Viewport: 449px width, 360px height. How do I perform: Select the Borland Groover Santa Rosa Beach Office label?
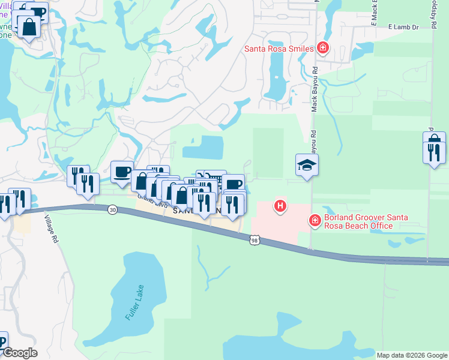pos(358,221)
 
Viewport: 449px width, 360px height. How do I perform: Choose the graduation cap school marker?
pos(307,165)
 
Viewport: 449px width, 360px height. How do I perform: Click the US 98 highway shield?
pos(255,239)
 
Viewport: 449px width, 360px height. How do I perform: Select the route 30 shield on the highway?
pos(112,209)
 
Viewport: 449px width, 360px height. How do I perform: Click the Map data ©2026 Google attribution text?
pos(411,355)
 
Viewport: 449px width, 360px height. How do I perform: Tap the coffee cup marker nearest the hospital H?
pos(234,184)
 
